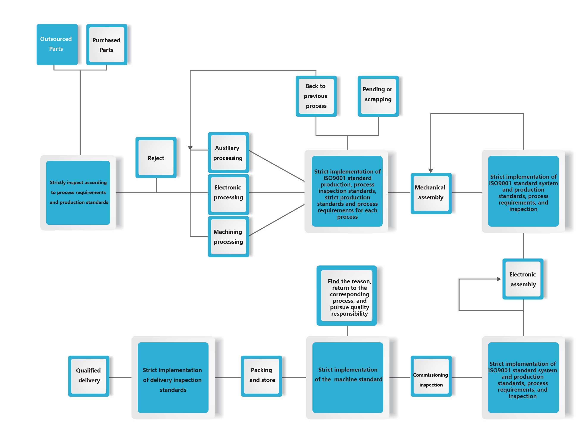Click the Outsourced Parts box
[56, 44]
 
